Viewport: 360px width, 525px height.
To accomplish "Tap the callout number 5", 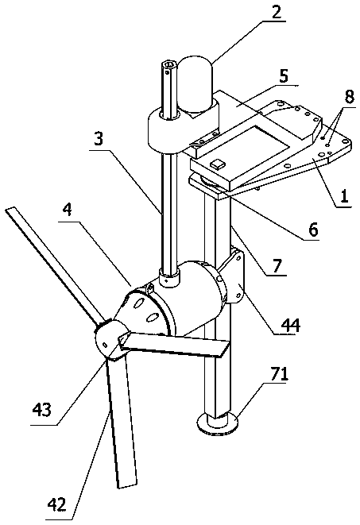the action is click(x=283, y=76).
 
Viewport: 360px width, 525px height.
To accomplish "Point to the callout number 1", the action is click(x=345, y=196).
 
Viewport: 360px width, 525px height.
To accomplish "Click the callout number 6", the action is click(x=313, y=230).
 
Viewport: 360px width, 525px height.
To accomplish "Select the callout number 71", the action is click(x=279, y=374).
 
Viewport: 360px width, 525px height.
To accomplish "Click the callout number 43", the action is click(x=43, y=408).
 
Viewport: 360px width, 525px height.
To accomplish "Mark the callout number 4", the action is click(x=68, y=210).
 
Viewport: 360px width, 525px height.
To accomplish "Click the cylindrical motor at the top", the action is click(x=196, y=86).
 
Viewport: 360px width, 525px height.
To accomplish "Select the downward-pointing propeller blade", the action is click(x=122, y=422).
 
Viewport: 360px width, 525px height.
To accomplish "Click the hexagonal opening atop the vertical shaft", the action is click(x=168, y=64).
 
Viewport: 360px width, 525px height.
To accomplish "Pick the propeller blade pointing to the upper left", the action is click(x=53, y=266).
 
